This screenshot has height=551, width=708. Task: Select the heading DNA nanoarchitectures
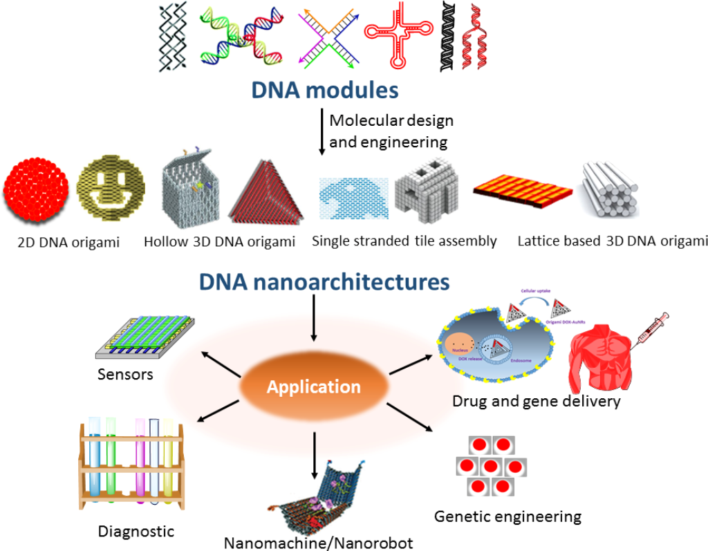[324, 281]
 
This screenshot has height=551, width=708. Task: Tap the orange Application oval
[314, 386]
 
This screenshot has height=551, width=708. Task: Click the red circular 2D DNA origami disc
[36, 193]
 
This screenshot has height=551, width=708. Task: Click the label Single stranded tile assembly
[404, 241]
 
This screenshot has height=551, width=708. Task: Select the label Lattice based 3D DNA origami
[613, 241]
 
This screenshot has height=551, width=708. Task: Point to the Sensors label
[125, 374]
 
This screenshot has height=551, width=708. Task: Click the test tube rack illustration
[131, 462]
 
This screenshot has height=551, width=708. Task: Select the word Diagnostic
[136, 531]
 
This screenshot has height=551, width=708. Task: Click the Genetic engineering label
[507, 516]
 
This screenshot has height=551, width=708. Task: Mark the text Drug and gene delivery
[536, 401]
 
